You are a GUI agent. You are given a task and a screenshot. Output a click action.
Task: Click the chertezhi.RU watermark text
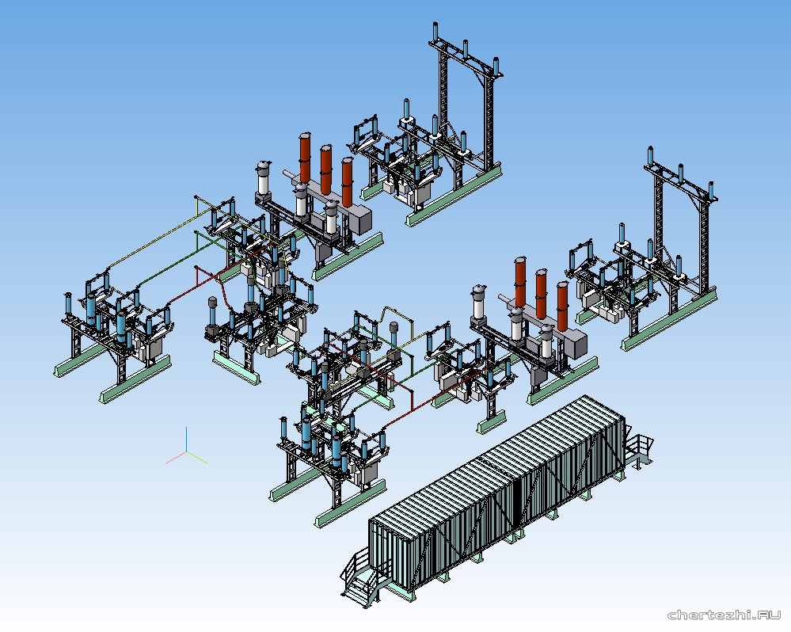click(x=724, y=615)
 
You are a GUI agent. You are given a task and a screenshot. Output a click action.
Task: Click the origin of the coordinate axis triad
click(x=187, y=452)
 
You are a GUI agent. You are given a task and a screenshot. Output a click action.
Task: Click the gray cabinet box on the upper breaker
click(x=360, y=221)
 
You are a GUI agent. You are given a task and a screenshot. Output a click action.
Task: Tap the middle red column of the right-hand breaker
click(x=542, y=292)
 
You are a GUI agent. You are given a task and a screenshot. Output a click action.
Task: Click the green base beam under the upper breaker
click(x=348, y=253)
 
